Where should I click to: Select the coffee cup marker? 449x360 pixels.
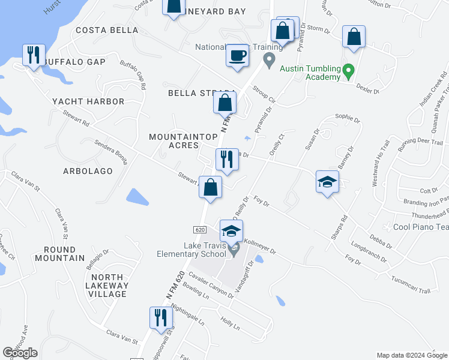(x=237, y=56)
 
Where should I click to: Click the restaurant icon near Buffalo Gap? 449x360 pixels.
(x=32, y=55)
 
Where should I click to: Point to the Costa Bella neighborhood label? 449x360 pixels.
(x=107, y=30)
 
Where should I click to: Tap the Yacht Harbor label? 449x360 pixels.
(x=88, y=101)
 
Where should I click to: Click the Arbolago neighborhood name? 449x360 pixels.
(x=88, y=171)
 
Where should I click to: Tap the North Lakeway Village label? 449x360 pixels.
(x=107, y=286)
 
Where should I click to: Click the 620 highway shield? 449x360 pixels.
(x=200, y=230)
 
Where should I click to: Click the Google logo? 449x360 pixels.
(x=20, y=353)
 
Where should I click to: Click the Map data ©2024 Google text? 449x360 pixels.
(x=412, y=355)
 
